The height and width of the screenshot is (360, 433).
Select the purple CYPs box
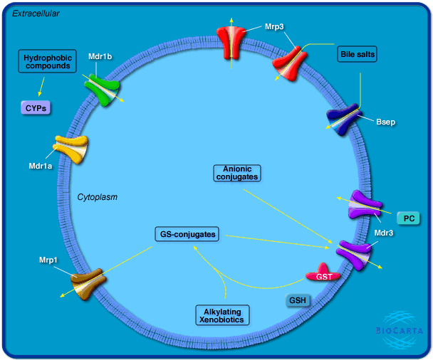[x=34, y=108]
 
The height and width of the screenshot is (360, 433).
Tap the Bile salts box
[x=358, y=54]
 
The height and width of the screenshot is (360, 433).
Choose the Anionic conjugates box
[x=237, y=171]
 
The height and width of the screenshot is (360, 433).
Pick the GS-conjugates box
[x=186, y=233]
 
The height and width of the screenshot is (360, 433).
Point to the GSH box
[x=298, y=300]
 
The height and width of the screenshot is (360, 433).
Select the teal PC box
[x=409, y=218]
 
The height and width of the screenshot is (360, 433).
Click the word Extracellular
[x=36, y=14]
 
